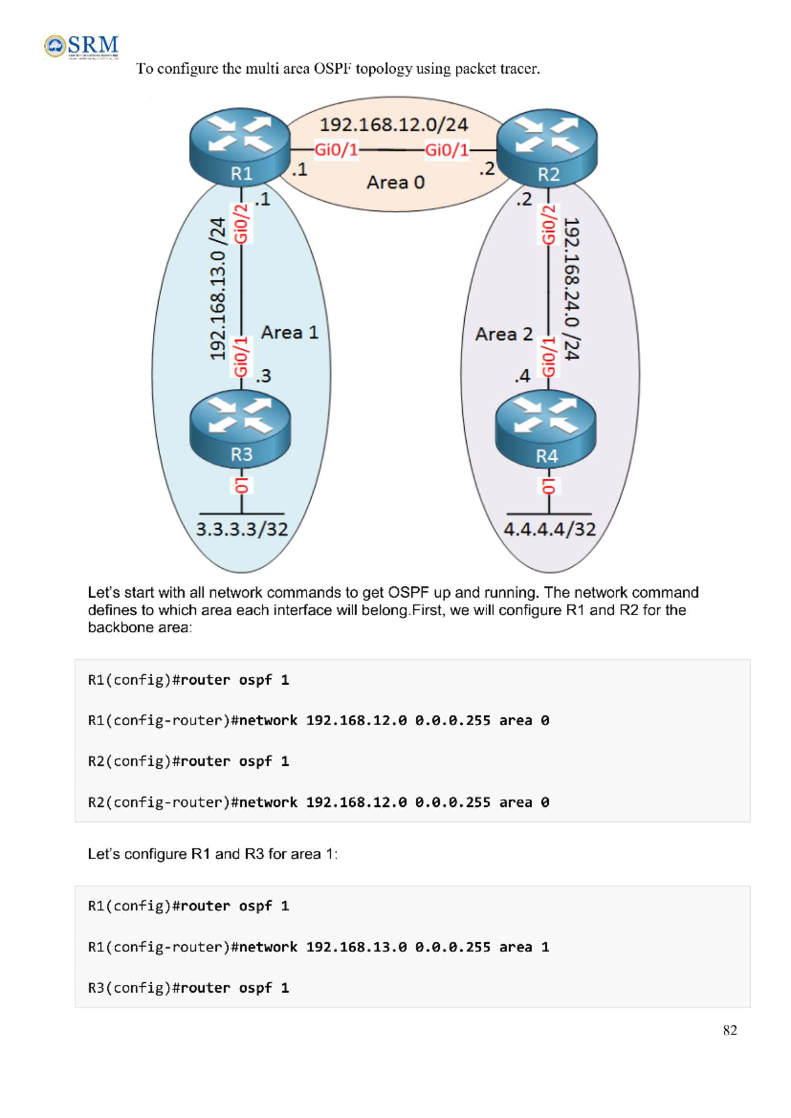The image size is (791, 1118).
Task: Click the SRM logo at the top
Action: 82,46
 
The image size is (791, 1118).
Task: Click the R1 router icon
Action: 240,146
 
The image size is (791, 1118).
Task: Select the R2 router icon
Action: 546,147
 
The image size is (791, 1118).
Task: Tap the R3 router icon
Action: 240,428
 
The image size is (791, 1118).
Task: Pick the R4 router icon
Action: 546,429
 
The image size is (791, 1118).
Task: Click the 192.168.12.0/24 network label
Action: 394,125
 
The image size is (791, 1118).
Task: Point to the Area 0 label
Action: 395,182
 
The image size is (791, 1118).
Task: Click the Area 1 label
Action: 289,332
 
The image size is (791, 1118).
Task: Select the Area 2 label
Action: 504,334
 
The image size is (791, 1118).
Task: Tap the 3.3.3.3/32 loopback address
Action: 242,529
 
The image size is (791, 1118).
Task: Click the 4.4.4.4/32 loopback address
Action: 550,529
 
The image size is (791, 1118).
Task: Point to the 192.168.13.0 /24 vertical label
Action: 218,289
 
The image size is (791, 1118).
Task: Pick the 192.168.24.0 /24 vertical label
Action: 571,289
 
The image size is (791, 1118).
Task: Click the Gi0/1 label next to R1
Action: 336,150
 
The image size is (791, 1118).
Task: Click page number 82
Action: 730,1030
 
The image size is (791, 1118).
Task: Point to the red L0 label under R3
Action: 241,485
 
